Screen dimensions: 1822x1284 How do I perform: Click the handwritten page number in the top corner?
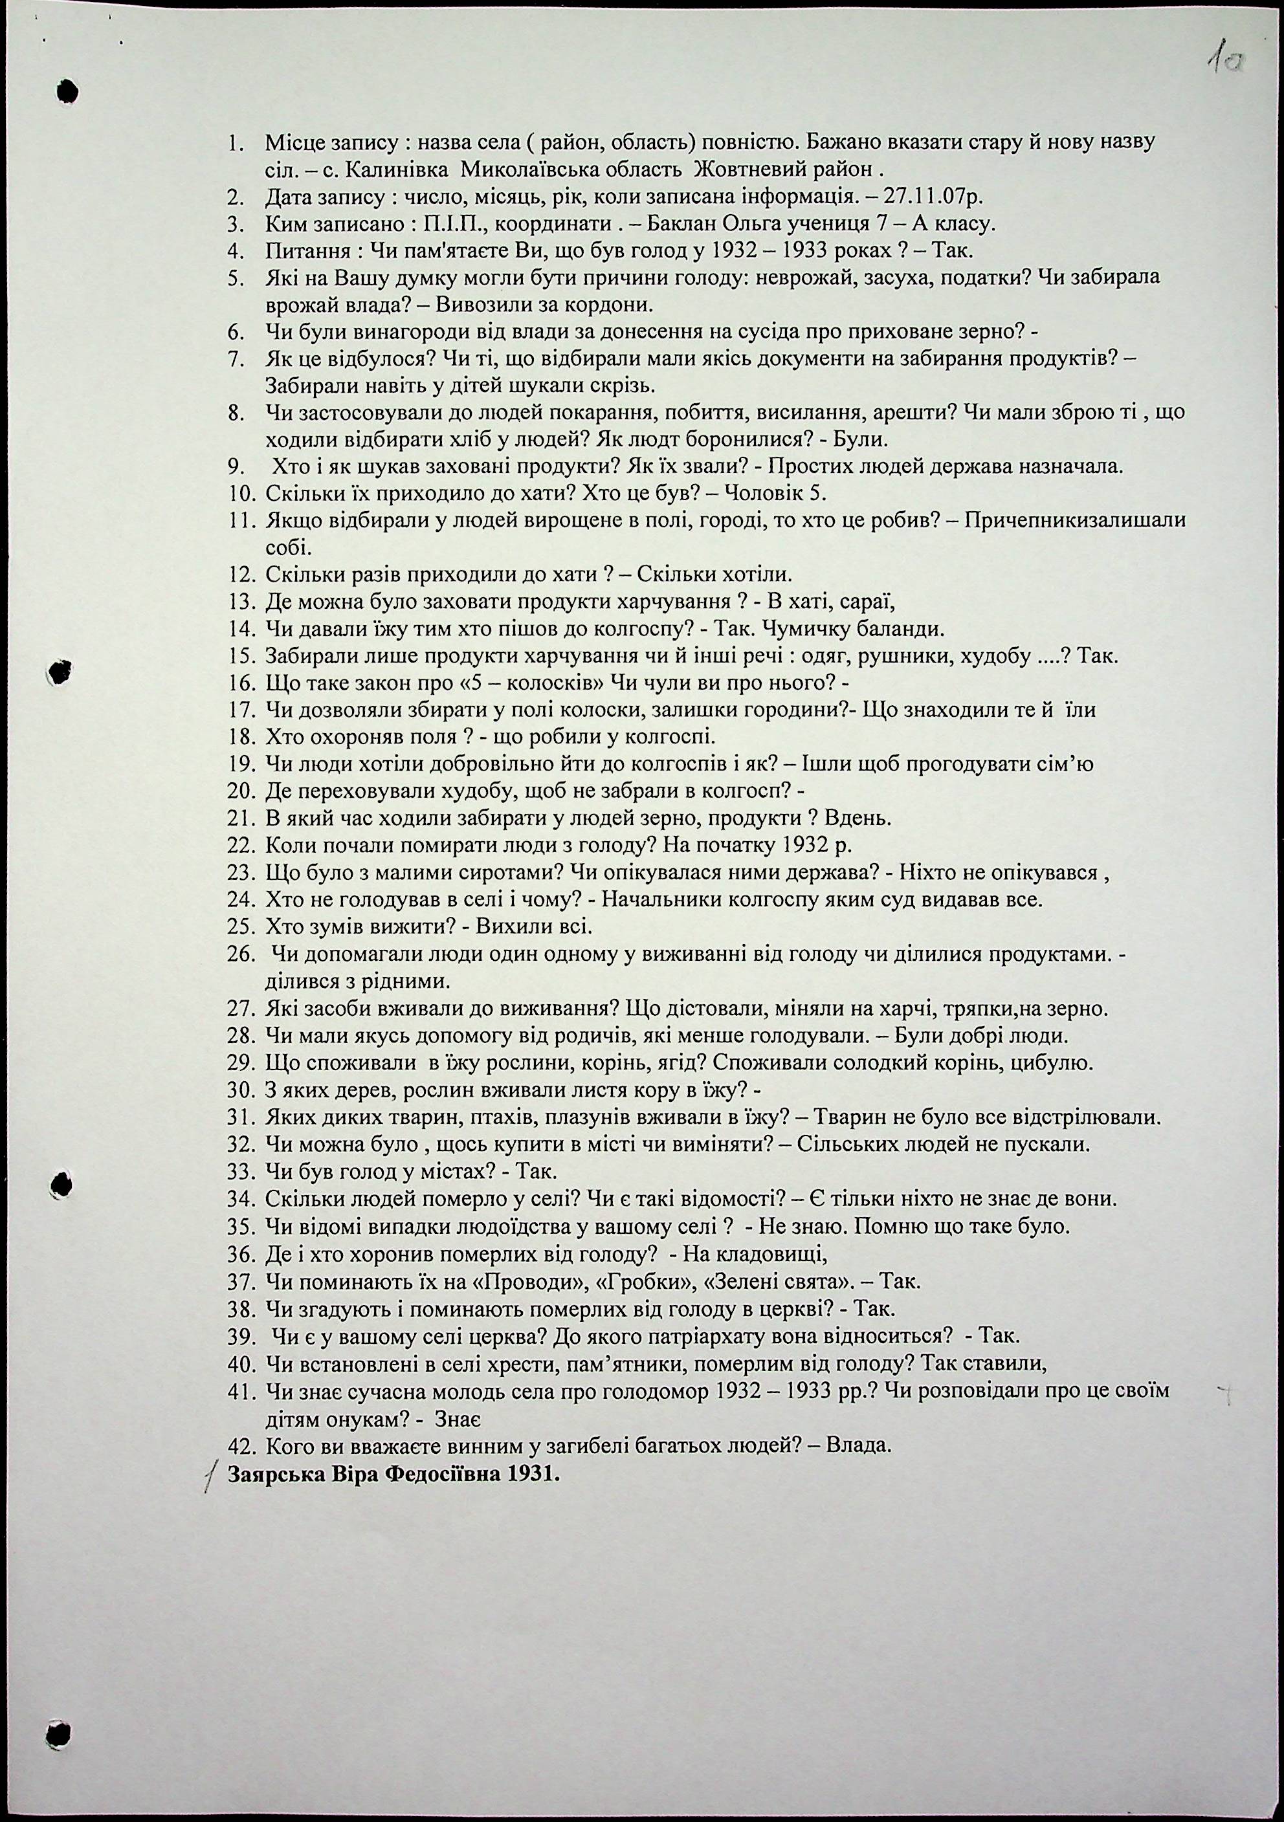(x=1224, y=60)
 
